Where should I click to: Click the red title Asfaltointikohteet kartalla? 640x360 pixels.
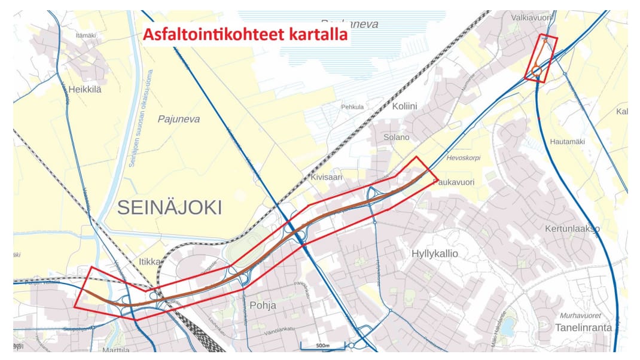(x=245, y=35)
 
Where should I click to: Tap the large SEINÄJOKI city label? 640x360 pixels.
(x=169, y=208)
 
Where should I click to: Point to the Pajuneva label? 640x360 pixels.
(x=179, y=119)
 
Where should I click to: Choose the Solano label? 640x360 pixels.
(x=397, y=137)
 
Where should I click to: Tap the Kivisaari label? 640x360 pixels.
(x=325, y=178)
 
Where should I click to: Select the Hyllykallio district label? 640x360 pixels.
(x=435, y=254)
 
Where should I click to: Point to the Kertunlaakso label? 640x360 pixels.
(x=572, y=229)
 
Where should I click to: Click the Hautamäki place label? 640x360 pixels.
(x=566, y=142)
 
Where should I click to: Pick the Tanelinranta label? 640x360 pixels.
(x=583, y=327)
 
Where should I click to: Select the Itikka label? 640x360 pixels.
(x=150, y=261)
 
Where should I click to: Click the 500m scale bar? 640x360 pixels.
(x=322, y=346)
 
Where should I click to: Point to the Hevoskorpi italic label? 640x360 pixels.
(x=464, y=158)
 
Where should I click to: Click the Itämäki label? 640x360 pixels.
(x=86, y=35)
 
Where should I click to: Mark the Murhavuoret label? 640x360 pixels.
(x=580, y=315)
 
